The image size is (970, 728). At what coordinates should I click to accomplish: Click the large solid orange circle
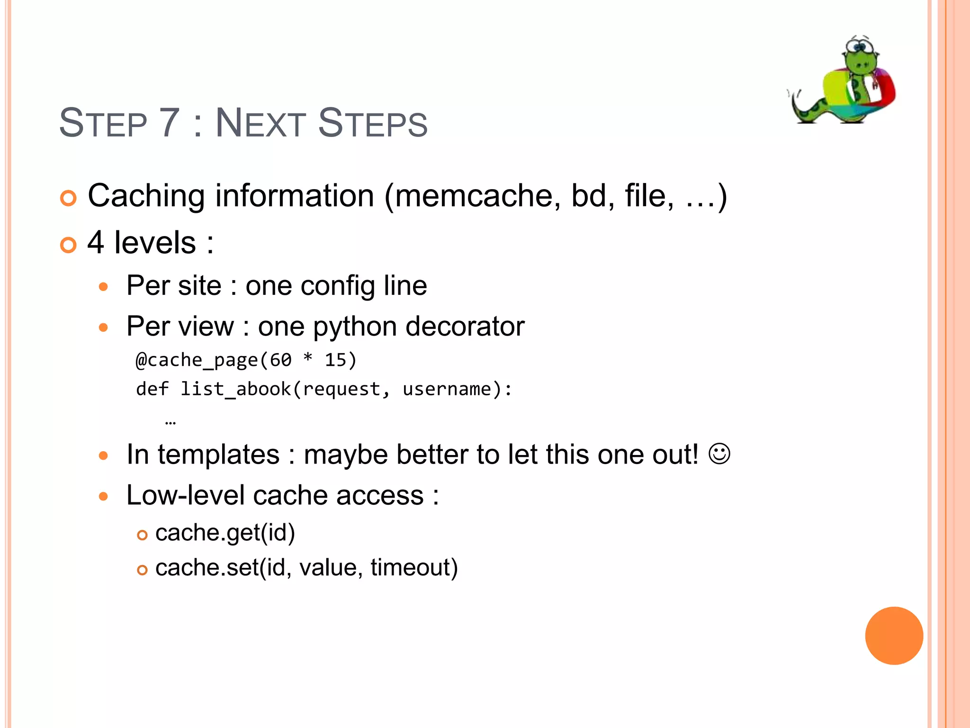tap(894, 636)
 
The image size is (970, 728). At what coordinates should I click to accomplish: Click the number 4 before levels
tap(96, 243)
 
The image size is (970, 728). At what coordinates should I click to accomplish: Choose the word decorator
tap(465, 327)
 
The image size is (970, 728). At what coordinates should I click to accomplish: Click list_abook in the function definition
tap(235, 389)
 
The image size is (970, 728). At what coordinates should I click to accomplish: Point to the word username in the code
tap(447, 389)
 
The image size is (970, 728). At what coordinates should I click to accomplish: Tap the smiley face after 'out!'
tap(719, 454)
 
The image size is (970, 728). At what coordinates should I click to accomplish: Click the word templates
tap(218, 455)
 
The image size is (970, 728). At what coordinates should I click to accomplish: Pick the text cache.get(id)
tap(225, 533)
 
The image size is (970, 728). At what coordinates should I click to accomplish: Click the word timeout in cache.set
tap(414, 567)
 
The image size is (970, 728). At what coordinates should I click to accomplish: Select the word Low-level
tap(186, 496)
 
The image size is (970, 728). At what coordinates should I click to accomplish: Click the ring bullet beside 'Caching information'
tap(69, 198)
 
